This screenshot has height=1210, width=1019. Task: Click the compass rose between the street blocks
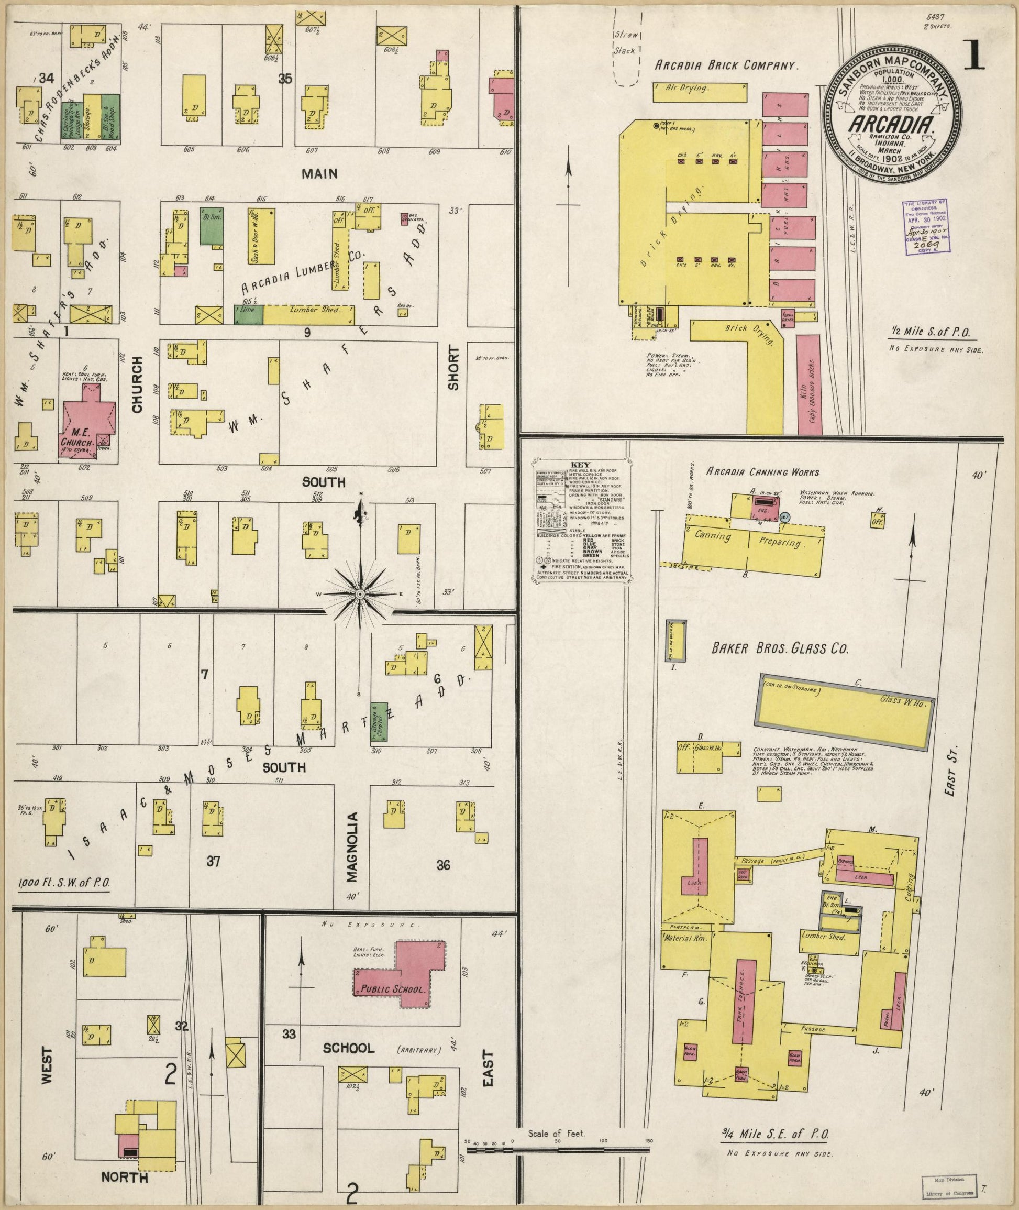[359, 594]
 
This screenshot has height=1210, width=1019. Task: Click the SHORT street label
[453, 368]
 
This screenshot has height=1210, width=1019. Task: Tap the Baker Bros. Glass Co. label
[780, 649]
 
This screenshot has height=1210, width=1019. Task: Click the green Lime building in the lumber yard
[248, 314]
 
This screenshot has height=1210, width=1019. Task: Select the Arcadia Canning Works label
[762, 472]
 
